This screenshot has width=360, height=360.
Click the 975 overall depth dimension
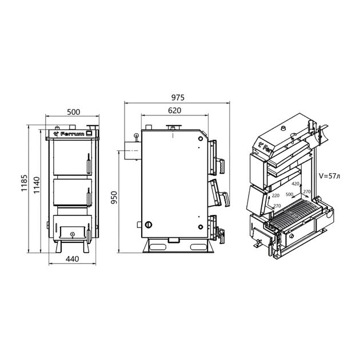pos(178,98)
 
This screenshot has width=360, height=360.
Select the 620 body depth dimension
pos(174,110)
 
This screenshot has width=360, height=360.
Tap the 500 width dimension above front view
pos(74,112)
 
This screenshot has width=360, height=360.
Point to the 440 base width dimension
pos(73,259)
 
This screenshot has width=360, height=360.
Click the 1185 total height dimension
pos(24,183)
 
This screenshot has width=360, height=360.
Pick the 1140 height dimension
pos(37,185)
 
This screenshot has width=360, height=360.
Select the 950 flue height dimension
pos(114,198)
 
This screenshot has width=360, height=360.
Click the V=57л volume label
pos(329,176)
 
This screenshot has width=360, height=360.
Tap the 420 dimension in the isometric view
pos(295,183)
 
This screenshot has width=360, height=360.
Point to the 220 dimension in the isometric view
pos(275,195)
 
